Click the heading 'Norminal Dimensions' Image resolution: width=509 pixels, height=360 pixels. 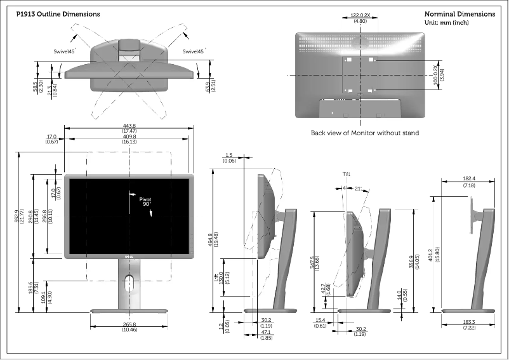click(x=459, y=14)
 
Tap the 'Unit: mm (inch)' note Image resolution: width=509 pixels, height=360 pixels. click(x=447, y=23)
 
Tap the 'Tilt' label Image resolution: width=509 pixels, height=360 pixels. click(x=345, y=173)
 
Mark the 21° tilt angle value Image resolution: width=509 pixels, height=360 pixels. click(x=359, y=188)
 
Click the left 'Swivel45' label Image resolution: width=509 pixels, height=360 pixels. click(x=65, y=51)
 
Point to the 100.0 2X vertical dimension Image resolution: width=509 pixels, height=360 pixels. click(x=435, y=75)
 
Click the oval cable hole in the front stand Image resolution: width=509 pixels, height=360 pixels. click(x=129, y=284)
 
